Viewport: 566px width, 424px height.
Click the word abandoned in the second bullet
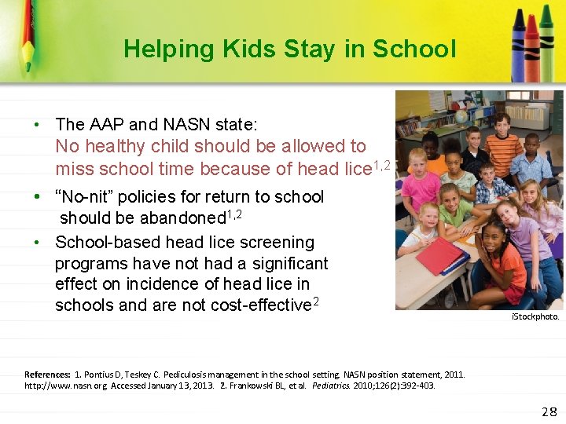click(x=182, y=217)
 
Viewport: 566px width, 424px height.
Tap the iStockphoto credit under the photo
click(x=535, y=317)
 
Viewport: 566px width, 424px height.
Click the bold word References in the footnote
click(x=49, y=375)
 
